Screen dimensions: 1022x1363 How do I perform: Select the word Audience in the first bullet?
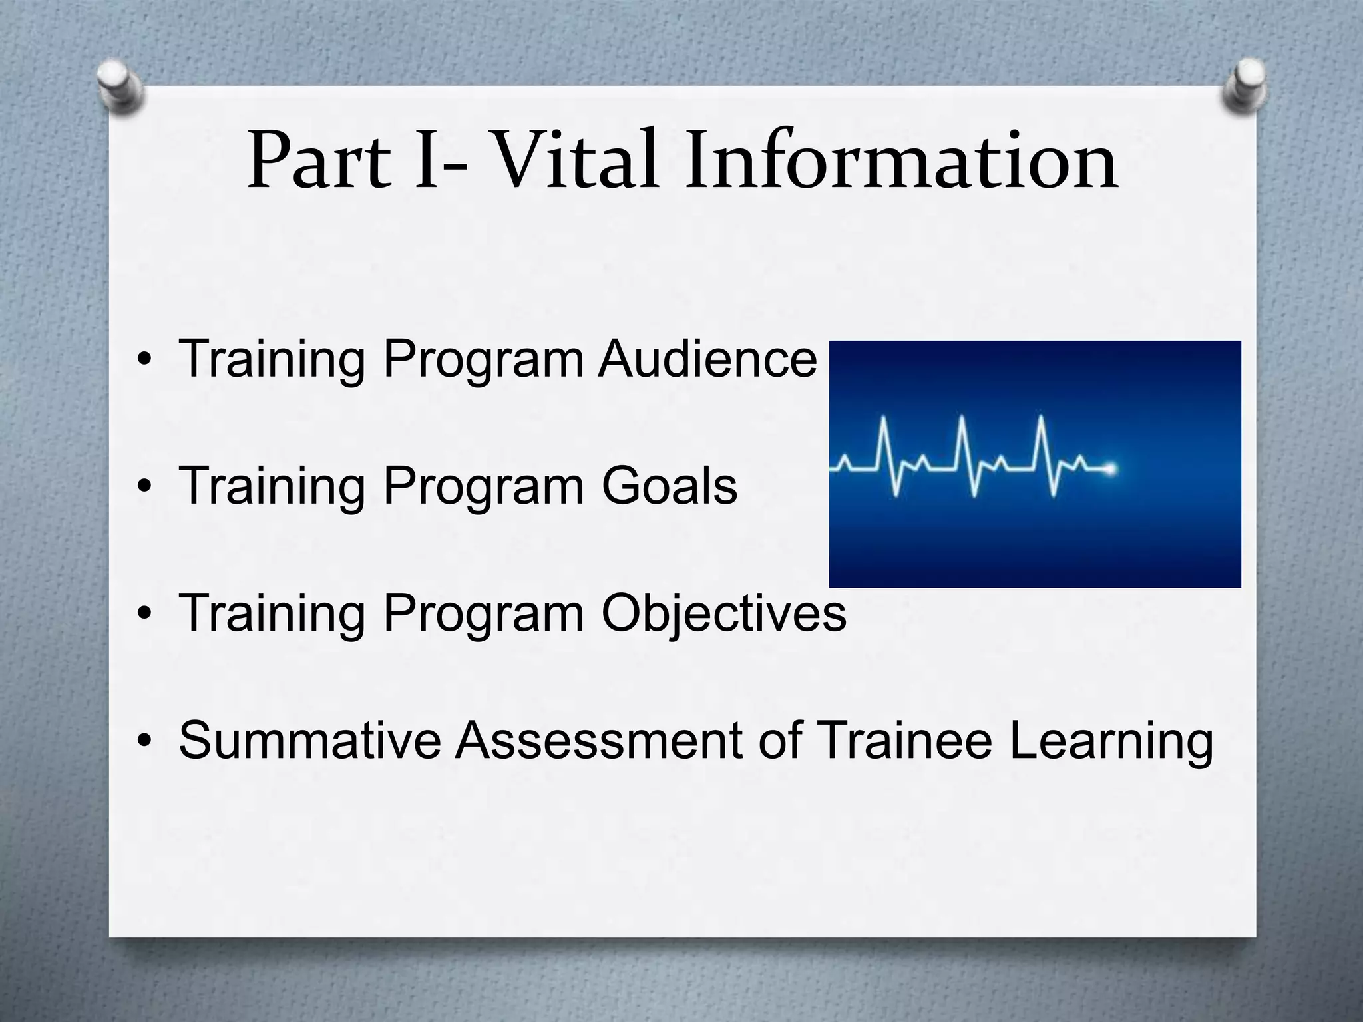tap(707, 359)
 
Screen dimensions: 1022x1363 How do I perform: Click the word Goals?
tap(670, 486)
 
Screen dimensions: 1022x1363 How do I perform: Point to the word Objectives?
tap(723, 613)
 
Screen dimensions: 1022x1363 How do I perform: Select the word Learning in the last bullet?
tap(1111, 741)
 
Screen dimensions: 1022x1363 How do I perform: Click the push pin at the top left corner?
tap(120, 87)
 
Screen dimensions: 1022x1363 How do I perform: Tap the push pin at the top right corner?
tap(1243, 86)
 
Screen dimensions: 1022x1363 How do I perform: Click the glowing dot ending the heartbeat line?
tap(1110, 470)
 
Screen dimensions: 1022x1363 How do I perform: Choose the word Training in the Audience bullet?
tap(272, 360)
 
